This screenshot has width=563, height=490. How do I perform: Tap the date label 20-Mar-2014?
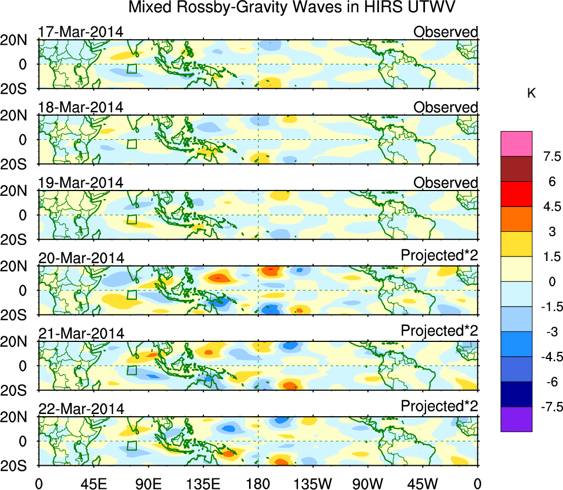(x=80, y=258)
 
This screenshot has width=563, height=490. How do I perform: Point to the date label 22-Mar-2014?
(x=80, y=409)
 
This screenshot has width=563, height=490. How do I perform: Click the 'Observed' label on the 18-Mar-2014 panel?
(x=445, y=107)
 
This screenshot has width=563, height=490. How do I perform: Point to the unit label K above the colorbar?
(x=531, y=94)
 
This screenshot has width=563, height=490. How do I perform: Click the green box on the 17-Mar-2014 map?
(x=131, y=69)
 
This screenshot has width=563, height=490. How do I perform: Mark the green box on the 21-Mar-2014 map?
(x=131, y=371)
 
